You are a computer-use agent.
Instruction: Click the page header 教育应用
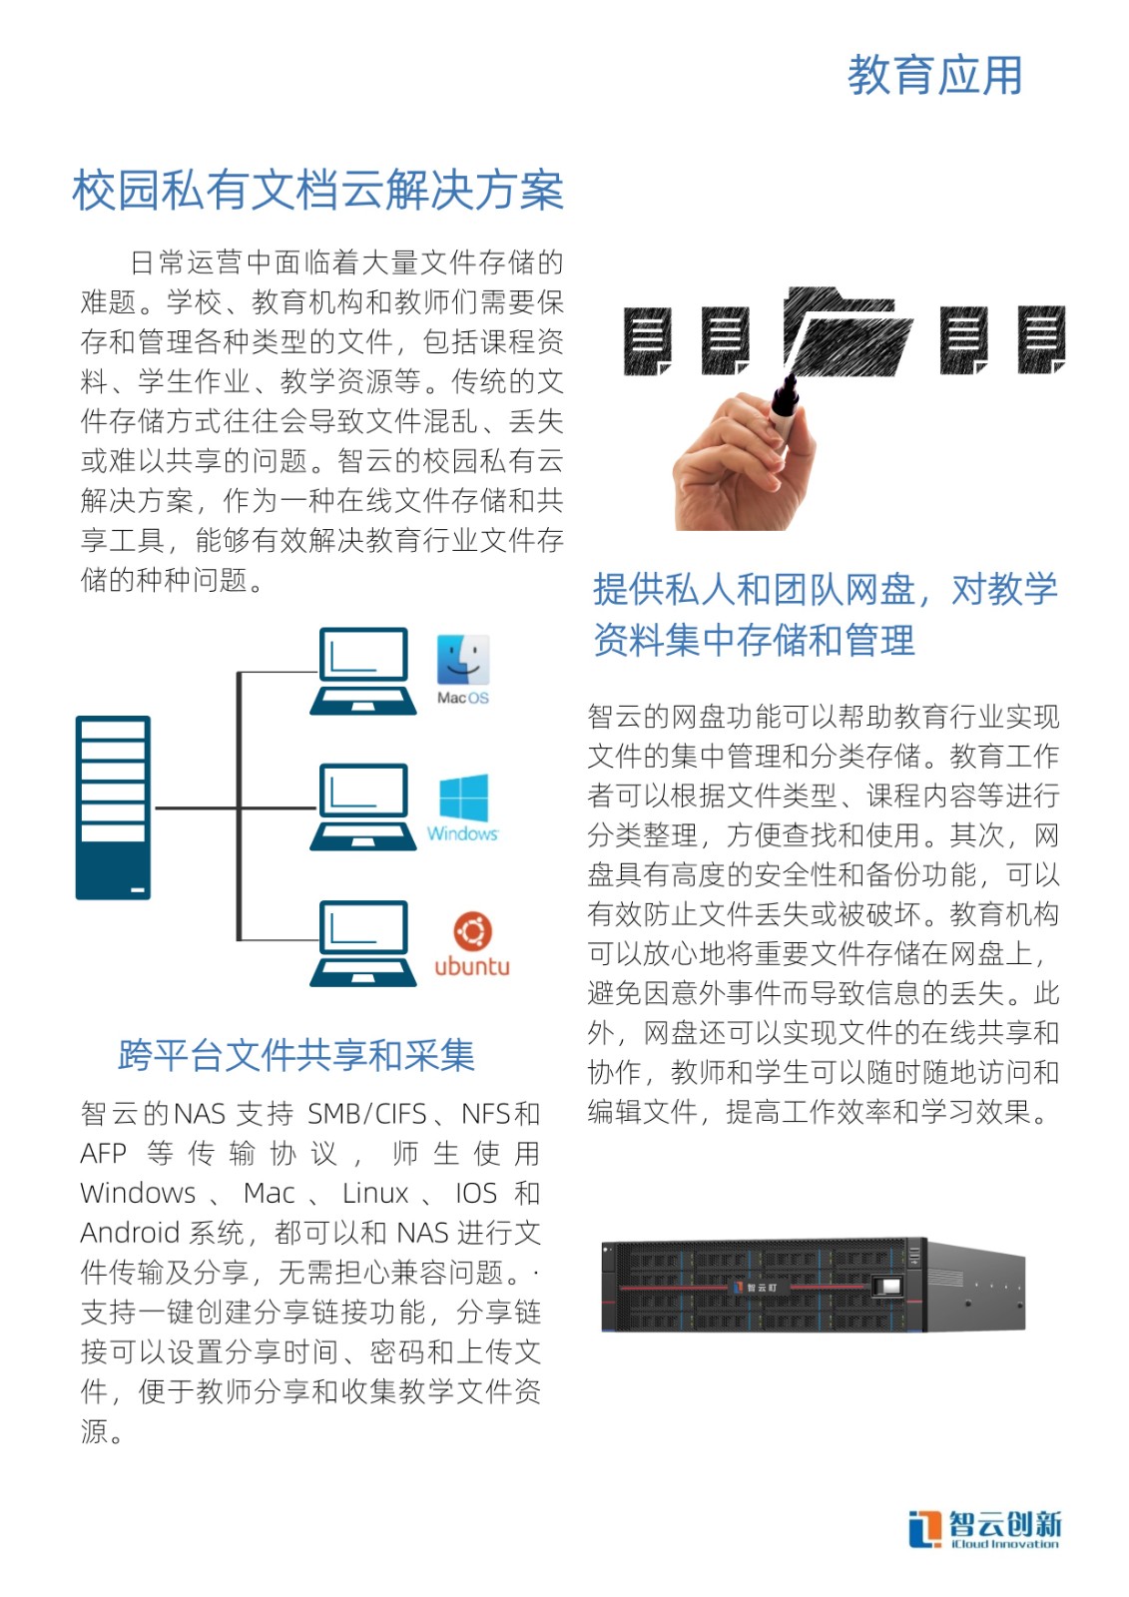(934, 75)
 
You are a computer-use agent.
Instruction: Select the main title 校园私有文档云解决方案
(318, 191)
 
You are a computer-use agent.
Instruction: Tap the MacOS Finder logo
(463, 660)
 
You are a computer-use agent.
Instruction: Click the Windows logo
(463, 798)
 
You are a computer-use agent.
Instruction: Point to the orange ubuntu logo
(472, 930)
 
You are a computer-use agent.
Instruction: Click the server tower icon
(114, 807)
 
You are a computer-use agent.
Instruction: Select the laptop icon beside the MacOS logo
(363, 671)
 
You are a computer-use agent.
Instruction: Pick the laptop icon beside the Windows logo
(363, 807)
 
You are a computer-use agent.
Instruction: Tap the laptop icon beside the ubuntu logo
(363, 943)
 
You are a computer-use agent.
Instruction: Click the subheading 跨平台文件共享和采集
(296, 1055)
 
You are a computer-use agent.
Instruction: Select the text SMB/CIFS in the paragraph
(366, 1114)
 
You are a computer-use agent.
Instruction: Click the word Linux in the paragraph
(375, 1193)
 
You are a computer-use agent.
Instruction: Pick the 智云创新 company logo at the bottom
(984, 1529)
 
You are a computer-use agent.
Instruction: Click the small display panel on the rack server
(888, 1287)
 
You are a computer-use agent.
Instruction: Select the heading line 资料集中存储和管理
(754, 640)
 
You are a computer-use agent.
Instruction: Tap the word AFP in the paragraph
(104, 1153)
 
